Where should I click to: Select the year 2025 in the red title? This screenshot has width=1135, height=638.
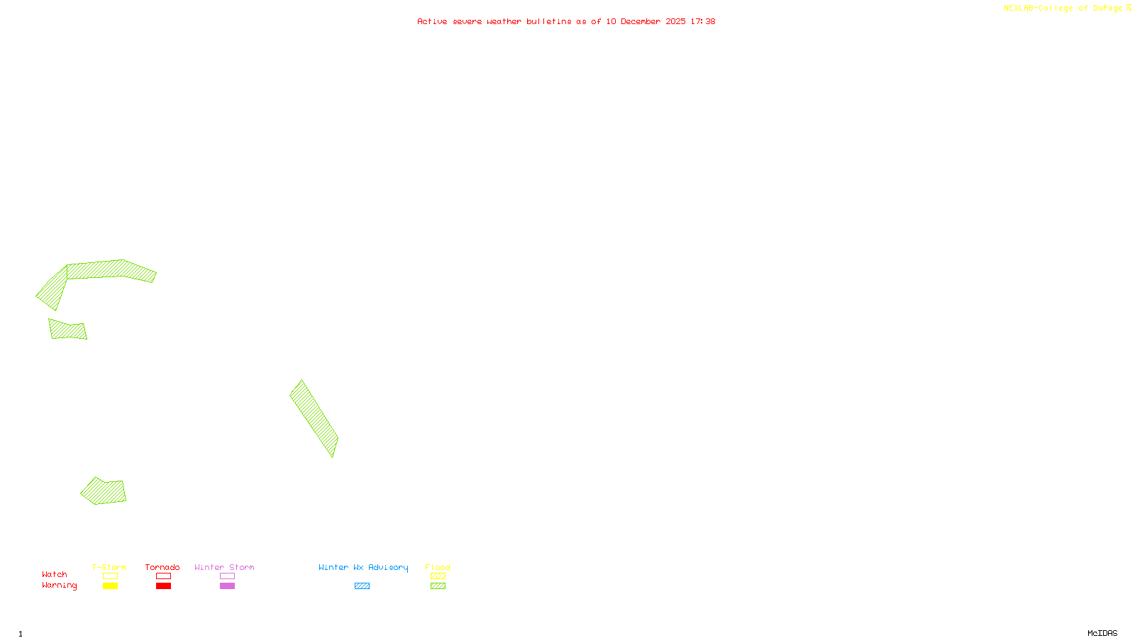(x=675, y=21)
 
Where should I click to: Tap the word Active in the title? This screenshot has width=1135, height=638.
(x=432, y=21)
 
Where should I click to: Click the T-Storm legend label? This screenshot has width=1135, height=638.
(x=109, y=567)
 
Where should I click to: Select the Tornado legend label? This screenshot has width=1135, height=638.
(x=162, y=567)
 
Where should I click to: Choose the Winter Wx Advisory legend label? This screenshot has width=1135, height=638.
(x=363, y=567)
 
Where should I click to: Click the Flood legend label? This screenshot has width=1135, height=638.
(x=438, y=567)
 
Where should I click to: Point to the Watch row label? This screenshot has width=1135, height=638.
(x=55, y=574)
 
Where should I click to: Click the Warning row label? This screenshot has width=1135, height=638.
(x=60, y=586)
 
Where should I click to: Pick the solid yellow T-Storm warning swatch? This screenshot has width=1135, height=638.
(x=110, y=586)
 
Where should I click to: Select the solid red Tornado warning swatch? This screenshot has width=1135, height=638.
(x=163, y=586)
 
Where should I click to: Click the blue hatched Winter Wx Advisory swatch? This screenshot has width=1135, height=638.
(x=362, y=586)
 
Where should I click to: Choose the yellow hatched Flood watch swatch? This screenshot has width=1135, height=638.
(x=438, y=576)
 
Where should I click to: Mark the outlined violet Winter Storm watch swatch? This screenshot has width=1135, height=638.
(x=227, y=576)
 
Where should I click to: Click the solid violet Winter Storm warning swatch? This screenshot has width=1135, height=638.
(x=227, y=586)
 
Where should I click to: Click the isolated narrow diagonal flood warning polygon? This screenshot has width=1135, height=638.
(x=314, y=418)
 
